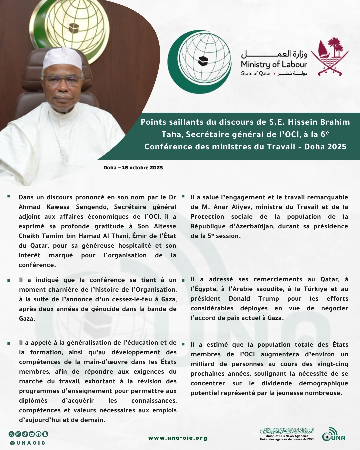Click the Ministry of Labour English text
[x=274, y=64]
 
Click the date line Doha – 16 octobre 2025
[x=133, y=168]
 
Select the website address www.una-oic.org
[x=178, y=438]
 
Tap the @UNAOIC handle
[x=28, y=443]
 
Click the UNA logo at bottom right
[x=334, y=435]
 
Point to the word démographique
[x=323, y=383]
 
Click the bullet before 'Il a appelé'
[x=9, y=343]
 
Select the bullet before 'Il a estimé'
[x=183, y=344]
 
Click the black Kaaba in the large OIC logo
[x=203, y=61]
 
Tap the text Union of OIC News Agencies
[x=287, y=436]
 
